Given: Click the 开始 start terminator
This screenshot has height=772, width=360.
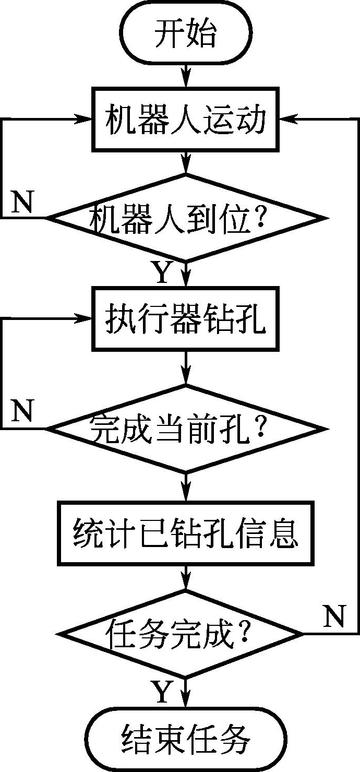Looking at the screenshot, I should point(185,35).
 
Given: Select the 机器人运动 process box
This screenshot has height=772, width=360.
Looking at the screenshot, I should point(185,120).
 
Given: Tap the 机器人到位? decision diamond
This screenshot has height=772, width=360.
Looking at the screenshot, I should point(185,218).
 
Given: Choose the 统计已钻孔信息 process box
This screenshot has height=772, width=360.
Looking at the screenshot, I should point(185,533).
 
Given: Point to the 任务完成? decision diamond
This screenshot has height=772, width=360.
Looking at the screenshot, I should point(180,634).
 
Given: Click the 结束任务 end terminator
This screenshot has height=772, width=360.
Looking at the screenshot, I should point(185,739).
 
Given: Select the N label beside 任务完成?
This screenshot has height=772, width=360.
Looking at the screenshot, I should point(334,617).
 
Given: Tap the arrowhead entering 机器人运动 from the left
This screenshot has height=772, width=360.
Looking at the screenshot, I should point(85,120).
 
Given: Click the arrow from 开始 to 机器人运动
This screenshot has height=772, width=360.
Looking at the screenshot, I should point(185,76).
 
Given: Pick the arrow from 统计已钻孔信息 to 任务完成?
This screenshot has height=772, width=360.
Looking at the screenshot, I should point(185,577).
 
